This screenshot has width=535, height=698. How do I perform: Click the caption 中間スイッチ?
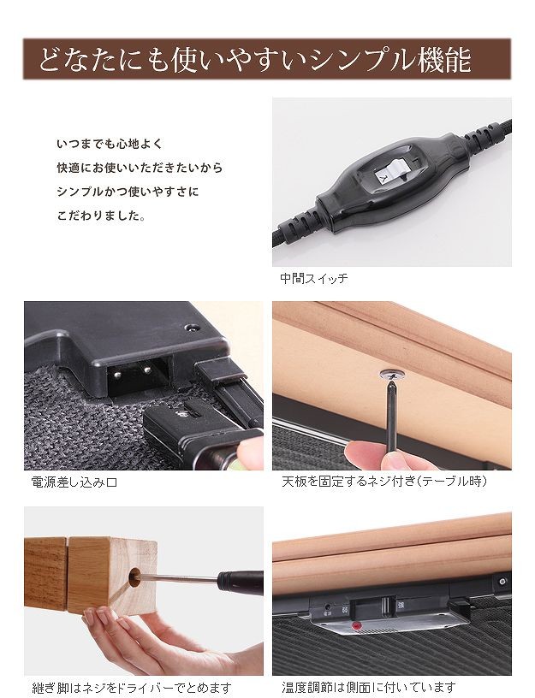(x=313, y=279)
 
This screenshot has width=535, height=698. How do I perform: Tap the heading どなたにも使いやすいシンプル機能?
(x=255, y=59)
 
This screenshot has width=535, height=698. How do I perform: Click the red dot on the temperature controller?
(x=356, y=626)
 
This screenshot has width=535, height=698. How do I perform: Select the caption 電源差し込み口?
(x=74, y=482)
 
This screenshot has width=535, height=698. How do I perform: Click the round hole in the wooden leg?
(x=134, y=577)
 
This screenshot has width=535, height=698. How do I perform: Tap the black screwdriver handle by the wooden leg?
(x=241, y=583)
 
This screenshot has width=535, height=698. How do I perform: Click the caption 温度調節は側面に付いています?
(x=368, y=688)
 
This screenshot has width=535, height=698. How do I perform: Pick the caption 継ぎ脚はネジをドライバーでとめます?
(x=132, y=688)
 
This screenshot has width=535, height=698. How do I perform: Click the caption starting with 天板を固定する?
(x=384, y=482)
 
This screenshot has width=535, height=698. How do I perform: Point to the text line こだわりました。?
(x=101, y=216)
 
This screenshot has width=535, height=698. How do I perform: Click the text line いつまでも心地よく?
(x=110, y=144)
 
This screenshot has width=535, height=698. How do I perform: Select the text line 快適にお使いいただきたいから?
(x=140, y=168)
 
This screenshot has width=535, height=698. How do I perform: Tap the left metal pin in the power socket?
(x=117, y=375)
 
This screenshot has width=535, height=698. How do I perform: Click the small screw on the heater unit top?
(x=192, y=328)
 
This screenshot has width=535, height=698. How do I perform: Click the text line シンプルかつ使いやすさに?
(x=128, y=192)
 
